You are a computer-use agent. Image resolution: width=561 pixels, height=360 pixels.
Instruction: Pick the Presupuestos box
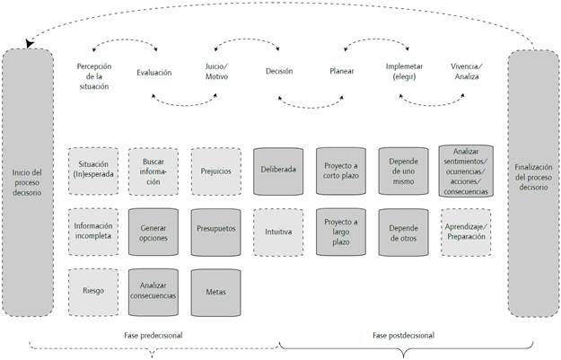[x=215, y=229]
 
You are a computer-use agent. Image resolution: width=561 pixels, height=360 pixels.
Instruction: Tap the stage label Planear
[x=341, y=73]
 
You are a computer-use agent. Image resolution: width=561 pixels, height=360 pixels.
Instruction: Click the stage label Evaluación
[x=153, y=73]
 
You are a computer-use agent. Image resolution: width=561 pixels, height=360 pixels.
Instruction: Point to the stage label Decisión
[x=279, y=73]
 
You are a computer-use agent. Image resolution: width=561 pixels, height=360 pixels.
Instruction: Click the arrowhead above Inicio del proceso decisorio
[x=31, y=43]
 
